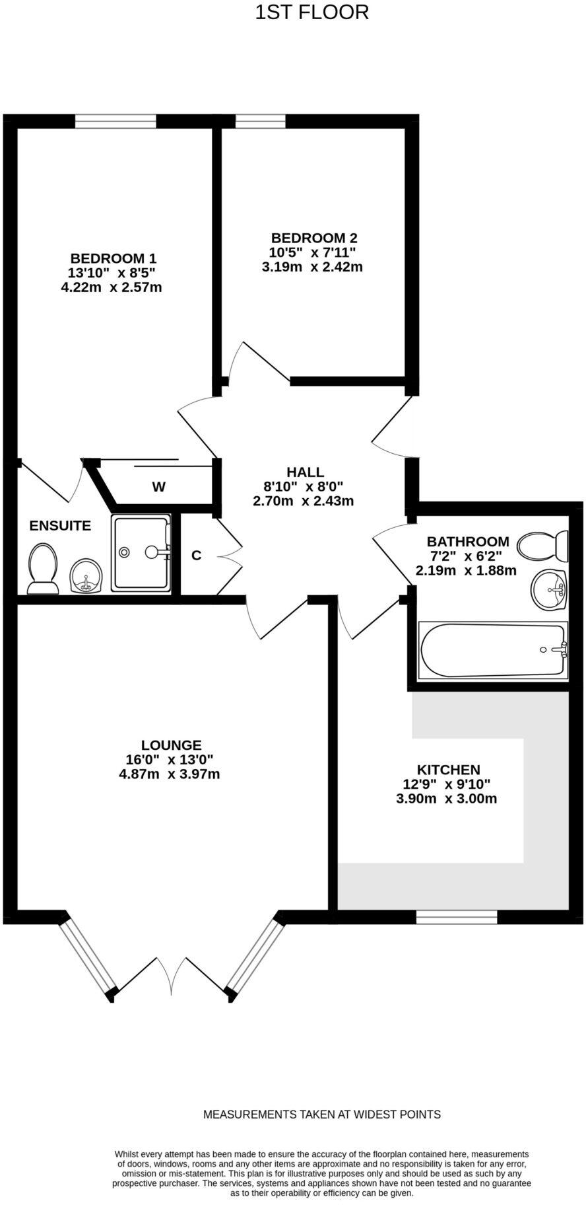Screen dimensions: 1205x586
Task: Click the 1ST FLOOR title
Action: click(x=311, y=13)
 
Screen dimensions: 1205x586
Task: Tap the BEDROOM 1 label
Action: click(x=113, y=258)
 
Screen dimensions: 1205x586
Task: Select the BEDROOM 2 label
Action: click(x=314, y=238)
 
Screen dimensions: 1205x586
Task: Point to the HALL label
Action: click(x=305, y=472)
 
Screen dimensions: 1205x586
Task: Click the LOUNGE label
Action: click(x=171, y=745)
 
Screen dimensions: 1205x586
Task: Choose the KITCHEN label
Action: click(x=448, y=770)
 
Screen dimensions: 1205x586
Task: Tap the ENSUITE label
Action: click(x=60, y=526)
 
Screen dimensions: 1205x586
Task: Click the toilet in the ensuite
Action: click(x=42, y=568)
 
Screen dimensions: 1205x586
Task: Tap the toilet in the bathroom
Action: click(x=543, y=546)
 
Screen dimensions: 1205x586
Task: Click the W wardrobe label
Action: click(x=158, y=488)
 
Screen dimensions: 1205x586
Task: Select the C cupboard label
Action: click(x=196, y=556)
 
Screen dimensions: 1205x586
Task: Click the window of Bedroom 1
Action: click(x=115, y=122)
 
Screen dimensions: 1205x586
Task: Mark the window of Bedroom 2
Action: click(x=261, y=122)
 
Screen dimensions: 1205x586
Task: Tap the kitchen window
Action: click(x=457, y=916)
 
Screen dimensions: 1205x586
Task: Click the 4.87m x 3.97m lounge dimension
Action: click(x=169, y=774)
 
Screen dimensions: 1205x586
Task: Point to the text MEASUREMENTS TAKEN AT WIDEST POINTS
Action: click(x=321, y=1114)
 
